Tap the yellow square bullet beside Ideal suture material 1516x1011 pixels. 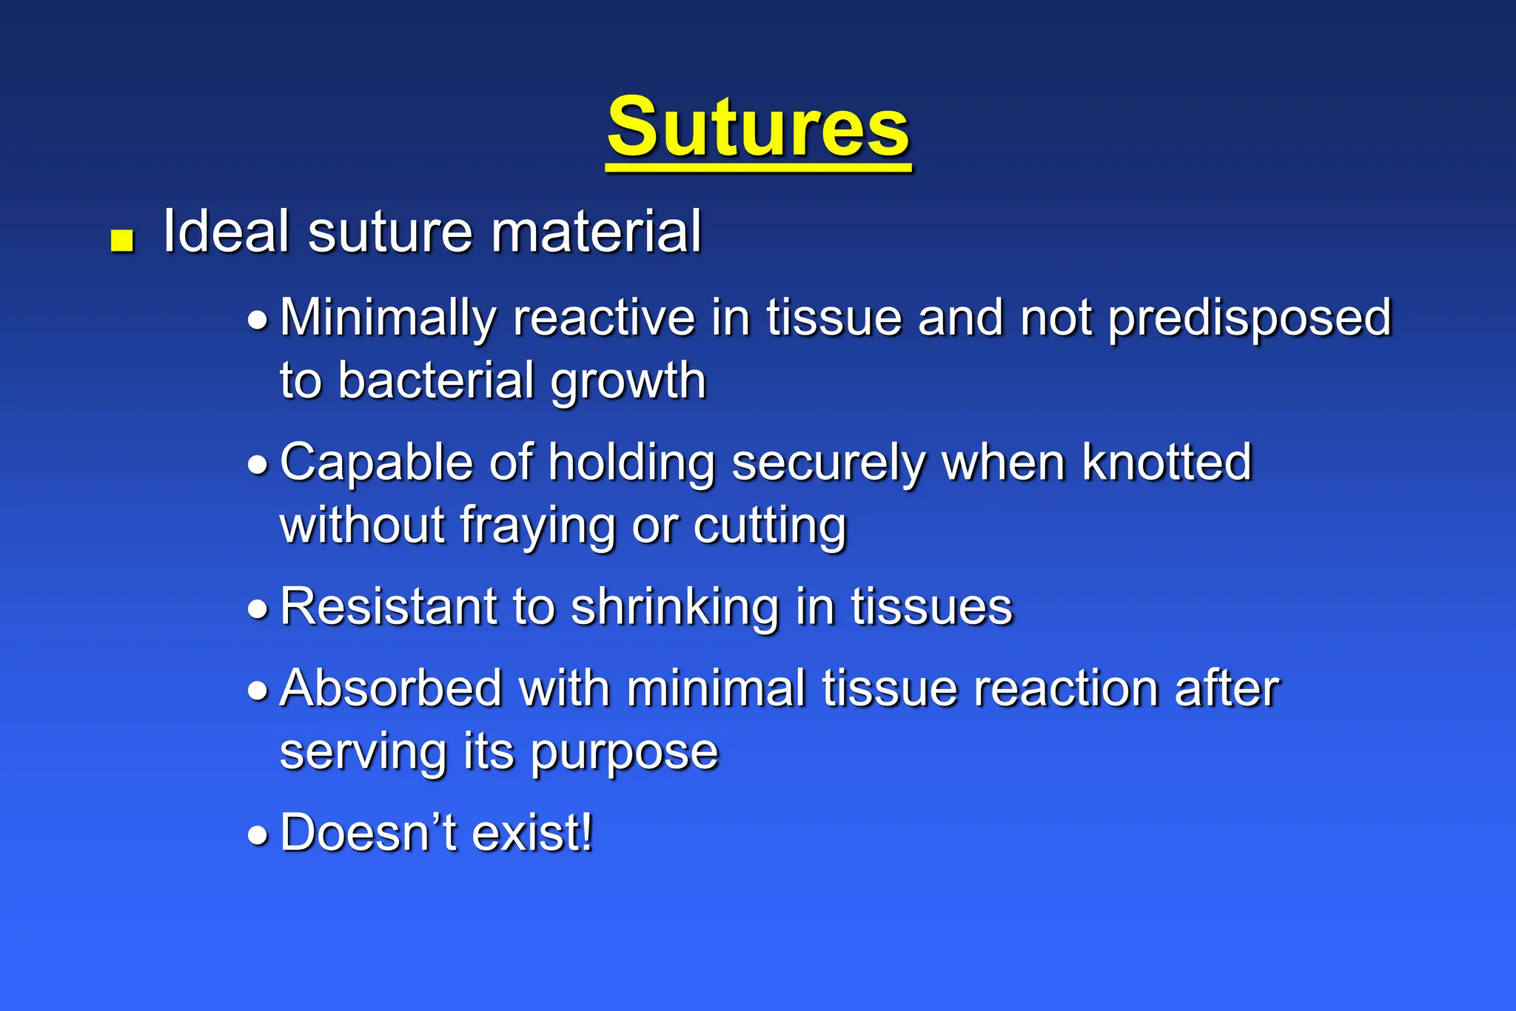[122, 241]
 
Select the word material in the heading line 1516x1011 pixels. [596, 232]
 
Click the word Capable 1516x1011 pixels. [376, 463]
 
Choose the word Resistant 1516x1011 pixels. [388, 608]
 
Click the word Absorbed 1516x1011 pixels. [392, 689]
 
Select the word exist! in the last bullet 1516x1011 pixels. [532, 833]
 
